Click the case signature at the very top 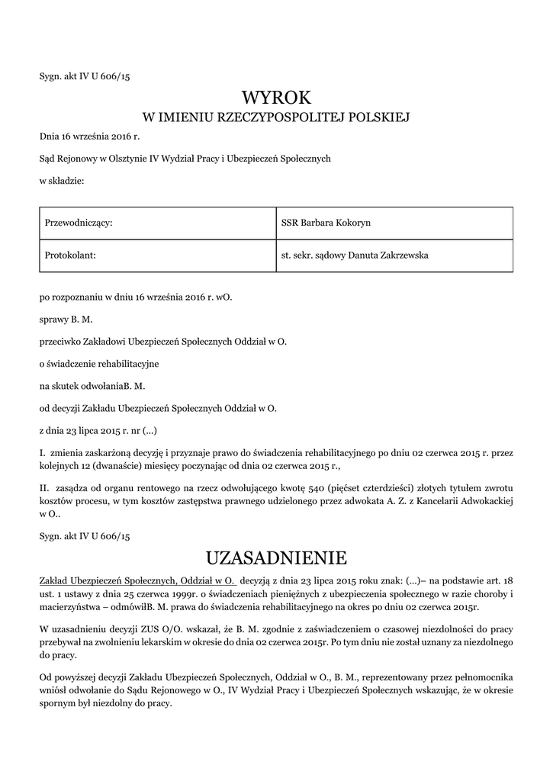click(x=85, y=76)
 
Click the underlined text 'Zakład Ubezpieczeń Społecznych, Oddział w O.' click(x=137, y=581)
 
